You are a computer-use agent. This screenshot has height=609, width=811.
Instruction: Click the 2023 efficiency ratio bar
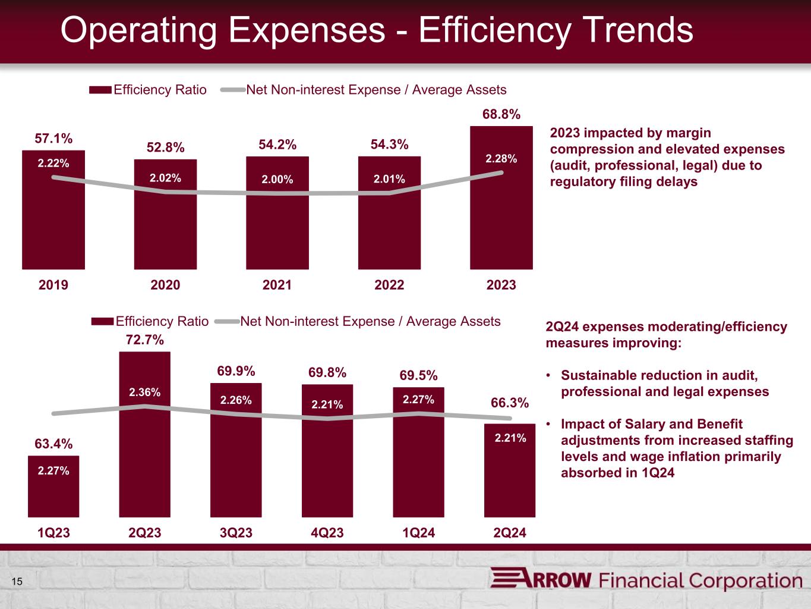point(501,214)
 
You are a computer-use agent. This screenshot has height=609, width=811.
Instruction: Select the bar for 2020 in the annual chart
point(165,226)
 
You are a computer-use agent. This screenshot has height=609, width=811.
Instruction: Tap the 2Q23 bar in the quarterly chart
point(144,452)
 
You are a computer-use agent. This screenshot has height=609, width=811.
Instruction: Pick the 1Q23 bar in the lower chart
point(53,494)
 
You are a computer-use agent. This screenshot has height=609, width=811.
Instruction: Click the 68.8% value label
point(501,114)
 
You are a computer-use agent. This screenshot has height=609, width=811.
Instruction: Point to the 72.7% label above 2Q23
point(144,340)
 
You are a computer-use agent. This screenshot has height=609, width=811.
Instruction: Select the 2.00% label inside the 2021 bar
point(277,179)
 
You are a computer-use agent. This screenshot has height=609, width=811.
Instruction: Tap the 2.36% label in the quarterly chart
point(144,392)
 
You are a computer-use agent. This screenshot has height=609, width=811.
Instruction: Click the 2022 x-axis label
point(389,285)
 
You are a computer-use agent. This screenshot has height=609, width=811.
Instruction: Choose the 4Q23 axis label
point(327,532)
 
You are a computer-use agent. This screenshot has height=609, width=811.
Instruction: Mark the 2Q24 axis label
point(510,532)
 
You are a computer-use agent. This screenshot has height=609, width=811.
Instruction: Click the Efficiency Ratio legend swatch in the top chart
point(100,90)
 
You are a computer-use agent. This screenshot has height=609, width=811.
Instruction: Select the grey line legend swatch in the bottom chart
point(226,322)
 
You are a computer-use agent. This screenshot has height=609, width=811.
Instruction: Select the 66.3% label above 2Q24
point(509,403)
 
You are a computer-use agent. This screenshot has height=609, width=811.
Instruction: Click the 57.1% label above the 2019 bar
point(53,139)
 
